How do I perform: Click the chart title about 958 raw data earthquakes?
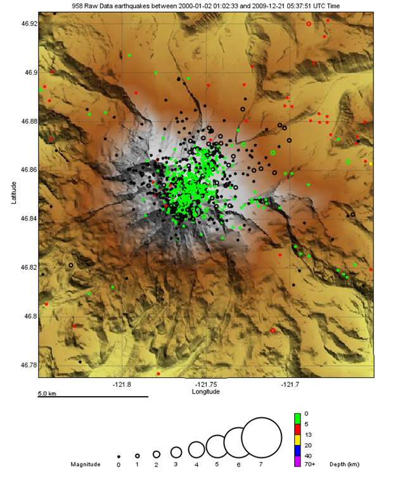(205, 5)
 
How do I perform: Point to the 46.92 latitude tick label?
(29, 23)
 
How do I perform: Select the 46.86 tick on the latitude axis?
(29, 170)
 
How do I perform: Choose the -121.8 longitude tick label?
(122, 384)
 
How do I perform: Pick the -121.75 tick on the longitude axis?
(206, 384)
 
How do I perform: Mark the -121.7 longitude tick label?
(290, 384)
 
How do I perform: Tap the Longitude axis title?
(205, 392)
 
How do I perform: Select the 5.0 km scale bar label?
(48, 394)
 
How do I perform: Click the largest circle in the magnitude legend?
(261, 437)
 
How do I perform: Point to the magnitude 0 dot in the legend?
(119, 456)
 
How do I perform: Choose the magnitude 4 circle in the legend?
(196, 449)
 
